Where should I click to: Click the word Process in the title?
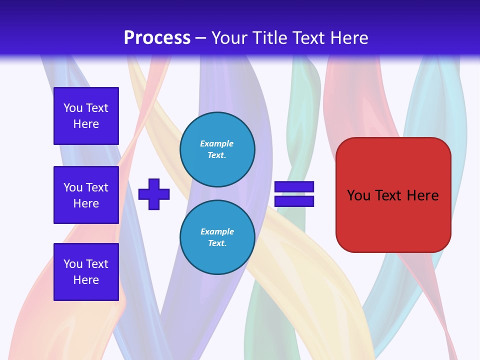coord(157,38)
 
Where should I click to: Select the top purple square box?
coord(86,116)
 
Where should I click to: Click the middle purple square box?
coord(86,195)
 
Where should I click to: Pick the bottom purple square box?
coord(86,272)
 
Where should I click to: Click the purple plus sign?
coord(154,194)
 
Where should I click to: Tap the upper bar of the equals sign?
coord(294,187)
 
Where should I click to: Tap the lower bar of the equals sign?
coord(294,201)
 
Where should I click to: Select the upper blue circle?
coord(217,149)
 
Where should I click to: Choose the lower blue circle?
coord(217,237)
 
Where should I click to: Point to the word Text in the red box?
coord(388,195)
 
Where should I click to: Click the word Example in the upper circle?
coord(217,143)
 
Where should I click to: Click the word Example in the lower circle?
coord(217,231)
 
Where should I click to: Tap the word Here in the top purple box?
coord(86,124)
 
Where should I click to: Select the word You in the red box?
coord(358,195)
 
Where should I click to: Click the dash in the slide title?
coord(201,38)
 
